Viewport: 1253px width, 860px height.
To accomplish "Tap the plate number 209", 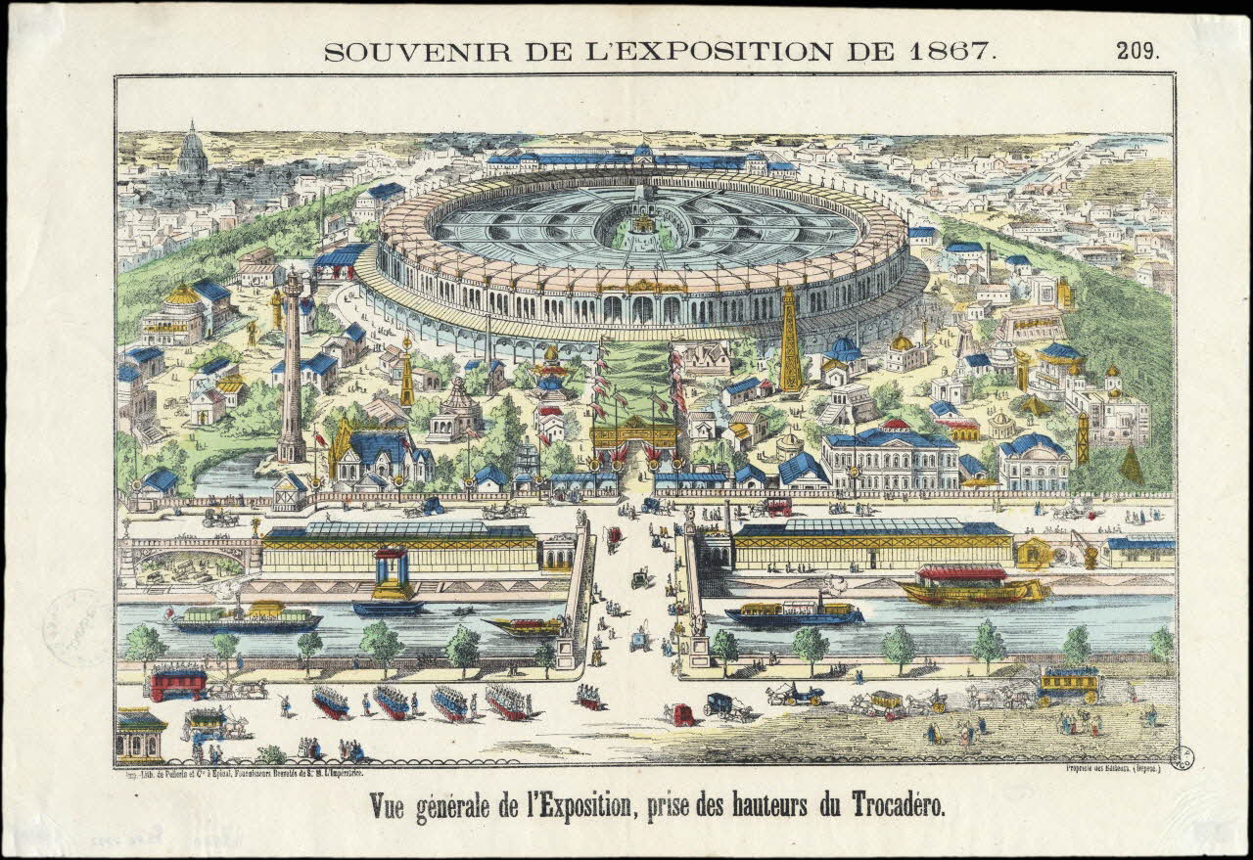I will pos(1137,52).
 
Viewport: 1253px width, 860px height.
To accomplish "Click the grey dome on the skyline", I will pos(192,155).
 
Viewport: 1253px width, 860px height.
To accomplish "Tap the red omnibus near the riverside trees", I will pos(177,682).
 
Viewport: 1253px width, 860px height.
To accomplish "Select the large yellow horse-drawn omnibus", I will pos(1068,685).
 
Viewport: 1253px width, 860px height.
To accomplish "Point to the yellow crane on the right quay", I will pos(1087,548).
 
